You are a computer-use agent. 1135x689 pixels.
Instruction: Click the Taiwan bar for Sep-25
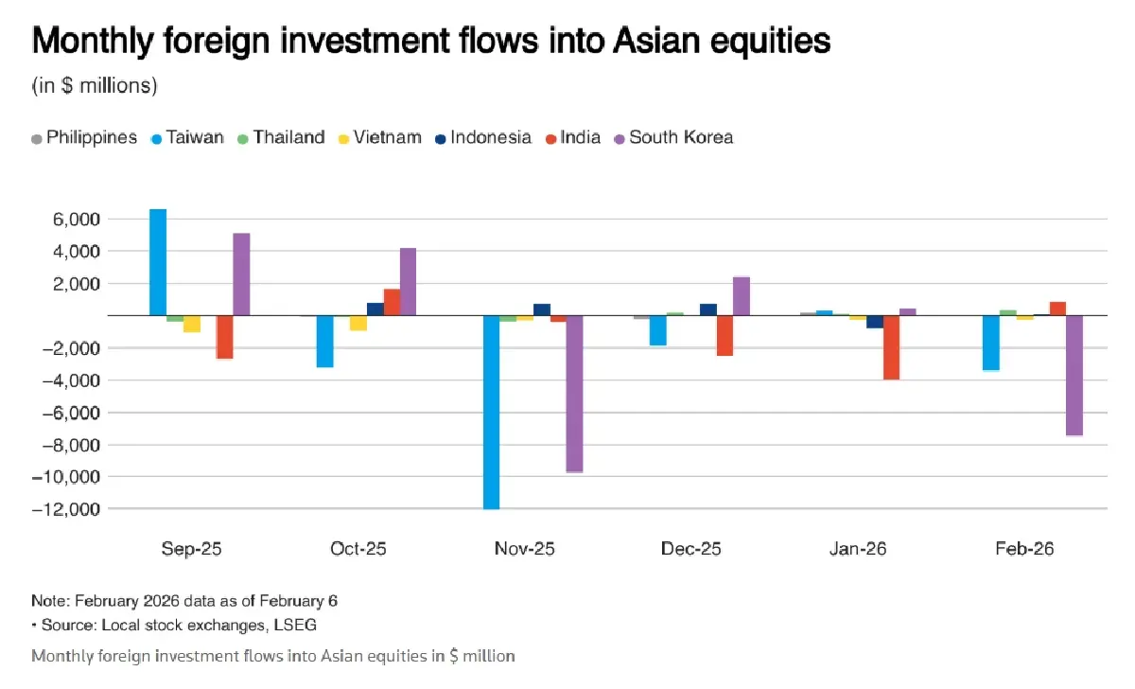pyautogui.click(x=158, y=262)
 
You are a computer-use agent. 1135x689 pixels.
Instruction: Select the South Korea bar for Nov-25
pyautogui.click(x=574, y=394)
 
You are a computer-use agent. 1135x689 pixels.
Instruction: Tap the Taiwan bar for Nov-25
pyautogui.click(x=491, y=412)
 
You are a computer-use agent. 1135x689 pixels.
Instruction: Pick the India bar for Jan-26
pyautogui.click(x=891, y=347)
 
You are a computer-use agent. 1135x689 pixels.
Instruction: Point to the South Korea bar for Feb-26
pyautogui.click(x=1074, y=375)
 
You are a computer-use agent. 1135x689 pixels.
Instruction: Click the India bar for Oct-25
pyautogui.click(x=392, y=302)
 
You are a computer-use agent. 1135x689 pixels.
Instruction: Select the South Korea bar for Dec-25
pyautogui.click(x=741, y=296)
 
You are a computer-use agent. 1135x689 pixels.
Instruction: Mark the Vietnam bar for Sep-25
pyautogui.click(x=191, y=324)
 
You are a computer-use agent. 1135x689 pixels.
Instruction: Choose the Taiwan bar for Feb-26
pyautogui.click(x=990, y=343)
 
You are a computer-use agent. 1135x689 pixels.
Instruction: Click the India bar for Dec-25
pyautogui.click(x=725, y=335)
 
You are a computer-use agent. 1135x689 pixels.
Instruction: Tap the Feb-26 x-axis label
pyautogui.click(x=1023, y=549)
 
